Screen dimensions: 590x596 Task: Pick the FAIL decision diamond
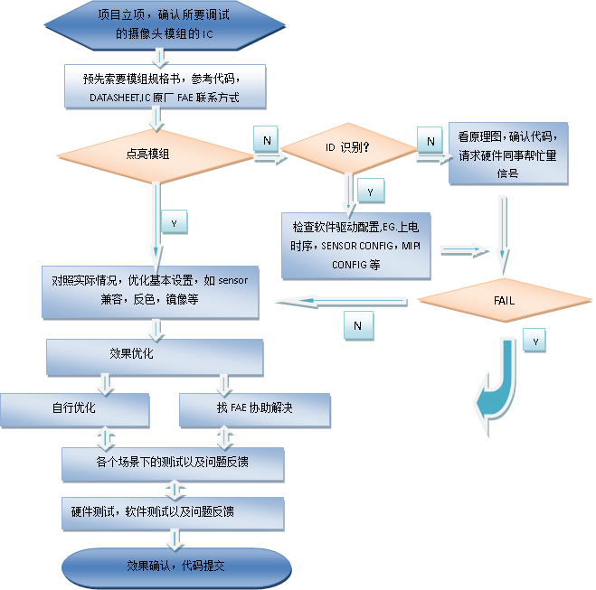click(505, 301)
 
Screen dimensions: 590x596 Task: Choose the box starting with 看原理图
click(508, 153)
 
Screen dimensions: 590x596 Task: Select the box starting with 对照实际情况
click(150, 291)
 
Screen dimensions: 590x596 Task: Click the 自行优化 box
click(74, 409)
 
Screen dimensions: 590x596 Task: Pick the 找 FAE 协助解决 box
click(249, 409)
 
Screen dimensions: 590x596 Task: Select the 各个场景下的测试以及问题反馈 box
click(173, 463)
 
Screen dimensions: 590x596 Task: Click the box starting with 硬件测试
click(173, 512)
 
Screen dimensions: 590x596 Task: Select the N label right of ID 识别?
click(430, 140)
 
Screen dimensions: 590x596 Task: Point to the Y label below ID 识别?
click(371, 192)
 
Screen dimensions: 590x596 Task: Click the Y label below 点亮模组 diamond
click(174, 220)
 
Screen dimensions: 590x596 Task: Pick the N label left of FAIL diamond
click(358, 324)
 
